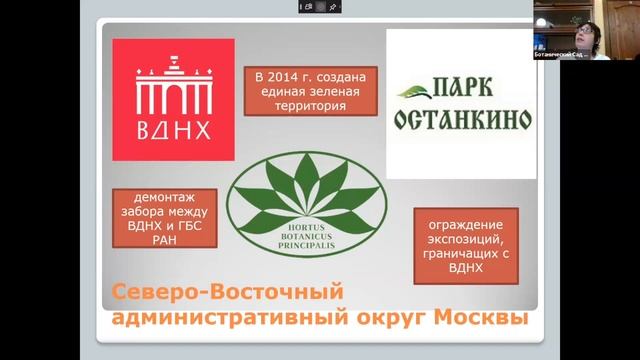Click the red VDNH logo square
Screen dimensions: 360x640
click(x=173, y=100)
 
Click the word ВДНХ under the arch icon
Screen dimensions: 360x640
click(x=172, y=132)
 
